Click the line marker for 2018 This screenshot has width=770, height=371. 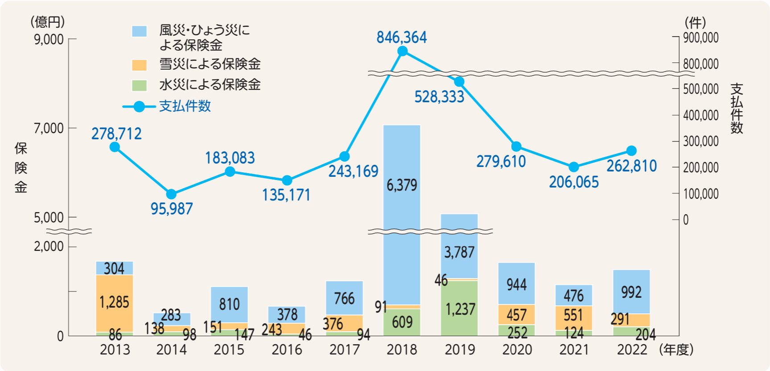click(402, 51)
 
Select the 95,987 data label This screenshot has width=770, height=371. click(172, 208)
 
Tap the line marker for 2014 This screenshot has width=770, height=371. click(171, 194)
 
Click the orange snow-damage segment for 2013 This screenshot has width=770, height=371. click(115, 303)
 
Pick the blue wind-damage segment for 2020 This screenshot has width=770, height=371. click(516, 284)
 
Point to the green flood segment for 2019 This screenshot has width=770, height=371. click(459, 308)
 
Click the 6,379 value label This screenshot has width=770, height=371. click(402, 185)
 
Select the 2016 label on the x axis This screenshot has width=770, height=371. click(287, 350)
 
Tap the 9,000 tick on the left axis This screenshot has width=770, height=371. click(49, 39)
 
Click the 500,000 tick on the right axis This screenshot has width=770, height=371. click(700, 89)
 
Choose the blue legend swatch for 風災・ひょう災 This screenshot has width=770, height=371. click(139, 31)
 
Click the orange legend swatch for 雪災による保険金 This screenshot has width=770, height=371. click(139, 65)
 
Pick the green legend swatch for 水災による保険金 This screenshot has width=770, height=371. click(139, 85)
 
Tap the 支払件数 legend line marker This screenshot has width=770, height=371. click(139, 107)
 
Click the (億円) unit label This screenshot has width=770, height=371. click(47, 21)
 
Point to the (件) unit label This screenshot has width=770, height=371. click(695, 22)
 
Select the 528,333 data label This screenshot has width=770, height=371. click(439, 97)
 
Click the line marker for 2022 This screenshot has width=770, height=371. click(631, 151)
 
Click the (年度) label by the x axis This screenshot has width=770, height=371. click(676, 350)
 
